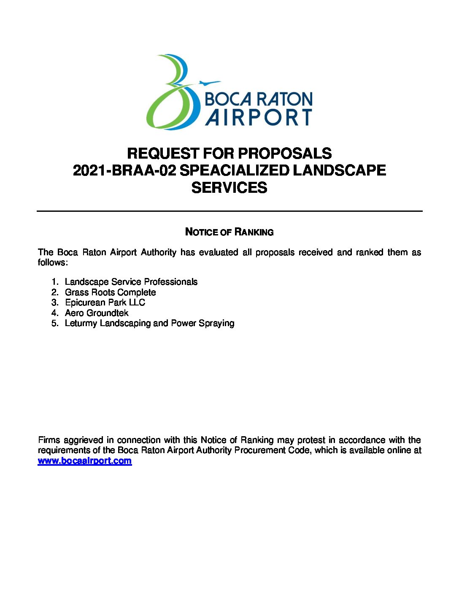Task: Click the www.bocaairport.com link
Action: [x=85, y=461]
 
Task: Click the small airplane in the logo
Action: [x=209, y=83]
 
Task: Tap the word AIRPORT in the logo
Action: [x=259, y=117]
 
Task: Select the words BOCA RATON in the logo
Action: [x=258, y=99]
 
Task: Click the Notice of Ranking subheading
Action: [x=229, y=232]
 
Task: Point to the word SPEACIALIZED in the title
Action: [x=235, y=170]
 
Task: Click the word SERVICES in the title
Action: [x=229, y=188]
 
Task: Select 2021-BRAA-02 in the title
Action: [x=124, y=170]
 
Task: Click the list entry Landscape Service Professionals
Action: [x=131, y=282]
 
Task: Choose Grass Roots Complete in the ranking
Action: [x=110, y=292]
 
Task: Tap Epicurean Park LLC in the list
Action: [x=105, y=302]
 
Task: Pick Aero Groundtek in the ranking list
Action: [x=97, y=313]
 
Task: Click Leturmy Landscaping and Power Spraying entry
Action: [x=149, y=323]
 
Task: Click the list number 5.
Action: [x=54, y=323]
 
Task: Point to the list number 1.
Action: [x=54, y=282]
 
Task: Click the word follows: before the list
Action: [x=53, y=262]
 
